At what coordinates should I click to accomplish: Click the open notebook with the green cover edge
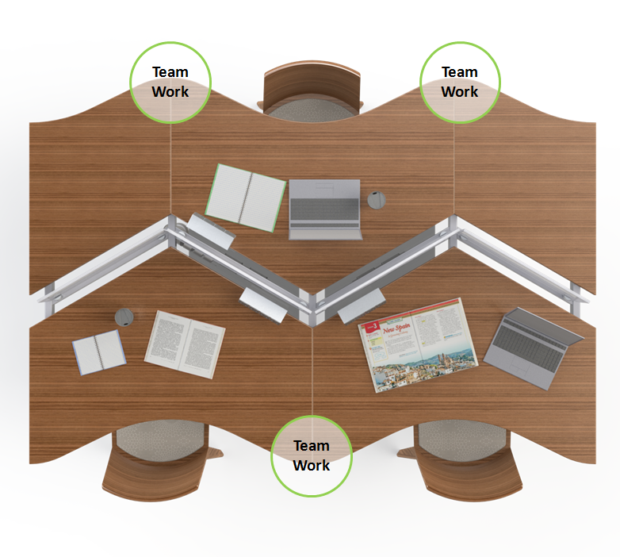coord(246,197)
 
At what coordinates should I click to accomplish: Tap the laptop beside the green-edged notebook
coord(325,209)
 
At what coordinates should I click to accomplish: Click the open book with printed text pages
coord(185,344)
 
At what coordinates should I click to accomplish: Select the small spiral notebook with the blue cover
coord(99,351)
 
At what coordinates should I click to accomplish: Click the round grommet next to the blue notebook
coord(124,317)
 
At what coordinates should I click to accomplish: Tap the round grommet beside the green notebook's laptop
coord(376,199)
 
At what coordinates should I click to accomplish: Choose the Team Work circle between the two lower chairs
coord(312,455)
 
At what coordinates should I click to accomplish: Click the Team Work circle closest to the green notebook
coord(170,82)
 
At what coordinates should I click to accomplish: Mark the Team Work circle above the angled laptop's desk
coord(460,82)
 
